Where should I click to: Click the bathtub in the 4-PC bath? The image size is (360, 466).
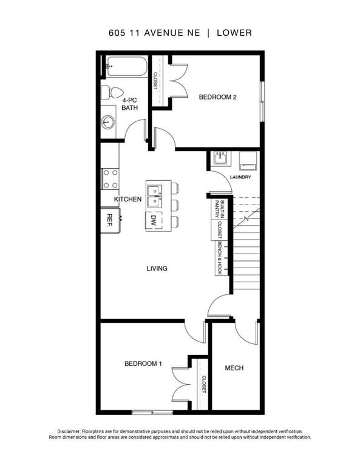[x=127, y=66]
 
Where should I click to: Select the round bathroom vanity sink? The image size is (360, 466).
[x=107, y=122]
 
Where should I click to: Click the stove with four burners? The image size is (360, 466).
[x=110, y=179]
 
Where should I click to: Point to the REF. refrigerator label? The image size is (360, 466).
[x=109, y=220]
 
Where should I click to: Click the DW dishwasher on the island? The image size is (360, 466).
[x=154, y=220]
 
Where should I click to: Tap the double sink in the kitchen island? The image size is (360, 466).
[x=155, y=197]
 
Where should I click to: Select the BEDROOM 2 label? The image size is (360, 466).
[x=217, y=97]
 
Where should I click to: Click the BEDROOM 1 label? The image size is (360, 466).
[x=143, y=363]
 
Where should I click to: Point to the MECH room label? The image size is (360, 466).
[x=234, y=368]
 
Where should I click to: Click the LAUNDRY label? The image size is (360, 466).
[x=240, y=177]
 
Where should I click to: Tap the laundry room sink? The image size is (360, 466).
[x=220, y=158]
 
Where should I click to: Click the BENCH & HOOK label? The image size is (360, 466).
[x=220, y=258]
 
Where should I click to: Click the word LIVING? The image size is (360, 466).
[x=157, y=268]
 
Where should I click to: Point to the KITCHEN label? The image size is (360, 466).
[x=128, y=199]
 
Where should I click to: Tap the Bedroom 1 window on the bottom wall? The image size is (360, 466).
[x=152, y=412]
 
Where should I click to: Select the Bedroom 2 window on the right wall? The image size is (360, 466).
[x=262, y=101]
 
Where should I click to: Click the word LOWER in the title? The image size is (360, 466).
[x=234, y=33]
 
